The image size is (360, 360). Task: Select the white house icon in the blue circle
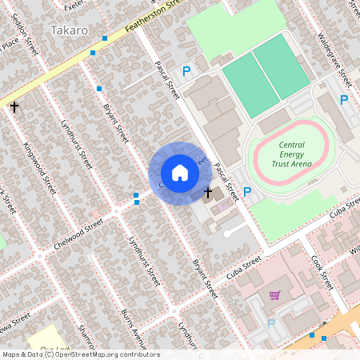click(x=180, y=173)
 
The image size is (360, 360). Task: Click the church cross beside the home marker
click(x=208, y=193)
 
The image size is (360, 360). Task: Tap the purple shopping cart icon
click(x=274, y=295)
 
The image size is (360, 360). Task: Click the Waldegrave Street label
click(x=334, y=61)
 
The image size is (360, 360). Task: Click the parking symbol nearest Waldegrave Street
click(x=344, y=100)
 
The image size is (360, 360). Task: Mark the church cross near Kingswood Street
click(x=14, y=106)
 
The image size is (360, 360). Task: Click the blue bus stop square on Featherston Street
click(x=94, y=52)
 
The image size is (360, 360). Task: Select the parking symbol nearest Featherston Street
click(x=186, y=71)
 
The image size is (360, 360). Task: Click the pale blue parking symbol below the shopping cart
click(x=270, y=322)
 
